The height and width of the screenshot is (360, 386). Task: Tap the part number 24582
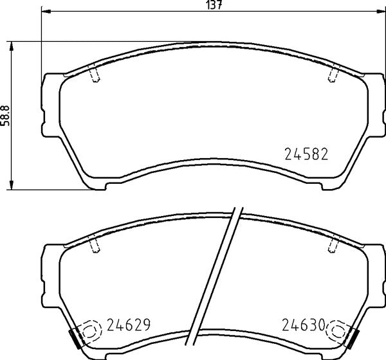pyautogui.click(x=306, y=155)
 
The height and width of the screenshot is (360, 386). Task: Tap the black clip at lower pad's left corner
pyautogui.click(x=73, y=336)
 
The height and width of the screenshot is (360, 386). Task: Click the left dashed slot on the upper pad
pyautogui.click(x=95, y=75)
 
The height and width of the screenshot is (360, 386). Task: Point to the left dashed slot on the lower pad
pyautogui.click(x=95, y=245)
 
